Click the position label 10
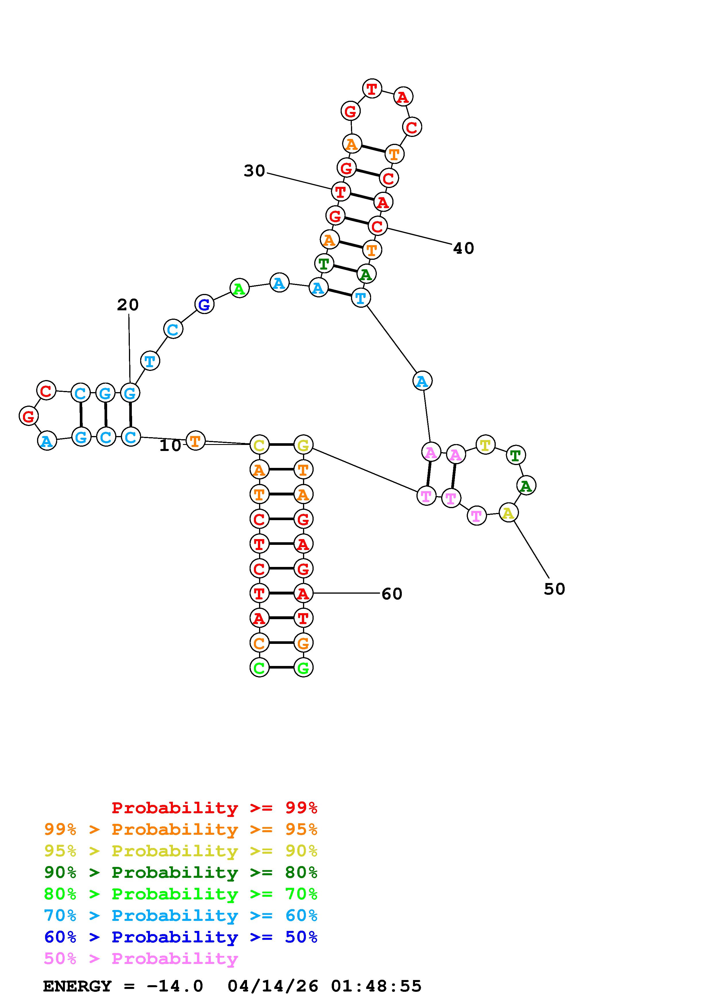point(170,446)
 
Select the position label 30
point(254,171)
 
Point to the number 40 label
point(463,249)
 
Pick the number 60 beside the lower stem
point(392,594)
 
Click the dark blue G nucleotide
point(204,304)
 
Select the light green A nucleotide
point(239,288)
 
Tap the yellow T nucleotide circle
point(485,445)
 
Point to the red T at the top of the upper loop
point(372,89)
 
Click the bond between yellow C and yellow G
point(281,445)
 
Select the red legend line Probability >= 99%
point(215,808)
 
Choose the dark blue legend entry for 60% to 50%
point(181,937)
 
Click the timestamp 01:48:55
point(376,986)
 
